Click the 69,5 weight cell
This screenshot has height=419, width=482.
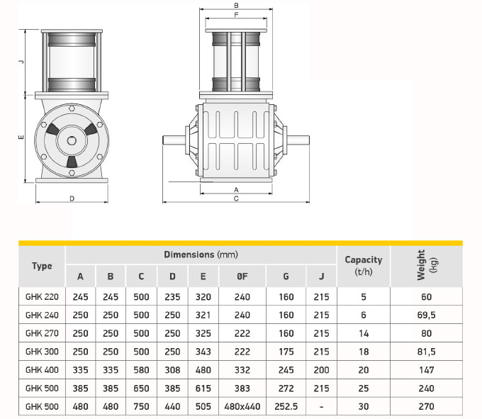point(426,315)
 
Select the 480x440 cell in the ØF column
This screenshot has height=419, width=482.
point(242,406)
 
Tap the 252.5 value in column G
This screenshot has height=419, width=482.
point(286,406)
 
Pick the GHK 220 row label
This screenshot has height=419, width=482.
point(42,297)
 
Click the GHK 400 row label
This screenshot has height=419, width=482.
point(42,370)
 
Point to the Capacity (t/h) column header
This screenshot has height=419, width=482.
point(364,266)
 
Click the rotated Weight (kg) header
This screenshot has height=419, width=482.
point(427,265)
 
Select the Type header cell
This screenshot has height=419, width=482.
point(42,266)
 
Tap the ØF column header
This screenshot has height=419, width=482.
point(242,276)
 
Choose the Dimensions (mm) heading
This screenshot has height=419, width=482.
point(201,255)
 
